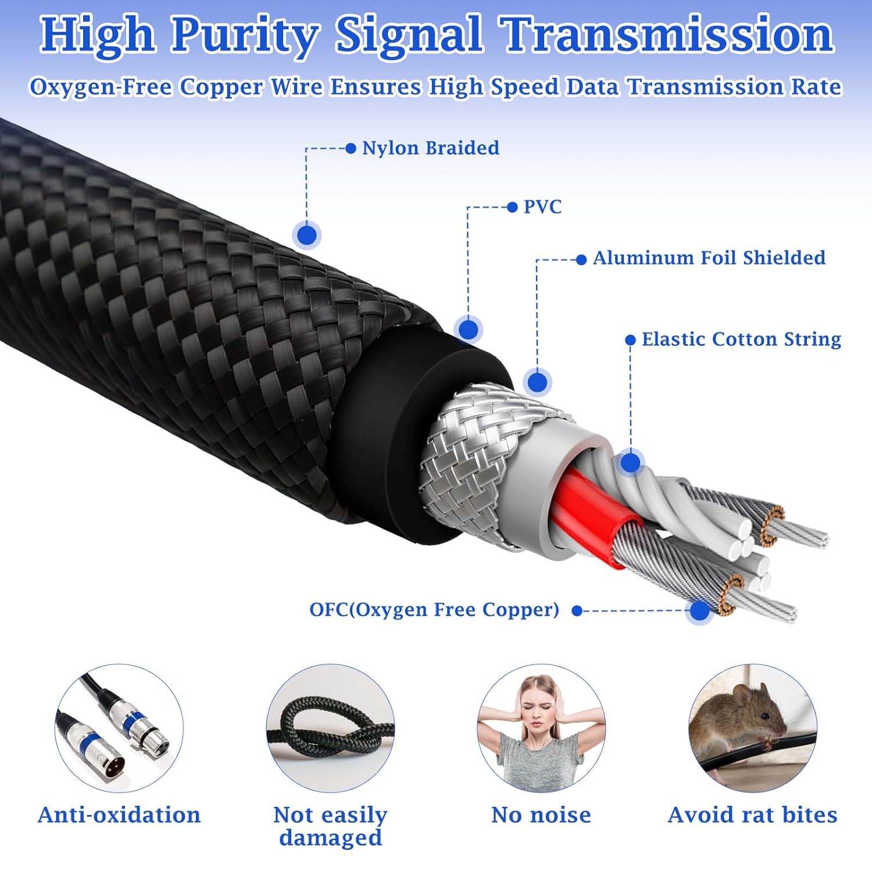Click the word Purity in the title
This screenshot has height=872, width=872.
(245, 35)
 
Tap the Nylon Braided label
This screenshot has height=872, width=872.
(430, 148)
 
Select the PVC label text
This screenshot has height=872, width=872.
(542, 207)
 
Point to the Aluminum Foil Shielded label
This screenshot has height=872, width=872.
(709, 258)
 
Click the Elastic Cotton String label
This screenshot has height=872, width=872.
(741, 339)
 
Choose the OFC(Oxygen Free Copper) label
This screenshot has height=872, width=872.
(434, 610)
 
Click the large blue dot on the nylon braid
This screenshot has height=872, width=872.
(307, 235)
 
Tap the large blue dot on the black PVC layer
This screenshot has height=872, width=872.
(468, 330)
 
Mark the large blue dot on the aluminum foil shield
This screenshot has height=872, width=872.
(537, 382)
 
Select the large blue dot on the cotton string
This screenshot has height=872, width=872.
(630, 463)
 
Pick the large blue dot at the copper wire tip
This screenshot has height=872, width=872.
(699, 610)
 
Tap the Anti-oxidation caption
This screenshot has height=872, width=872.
(119, 815)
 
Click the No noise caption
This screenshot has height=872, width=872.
(541, 815)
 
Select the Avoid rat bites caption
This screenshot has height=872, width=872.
(752, 815)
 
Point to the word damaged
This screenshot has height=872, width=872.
(330, 838)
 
